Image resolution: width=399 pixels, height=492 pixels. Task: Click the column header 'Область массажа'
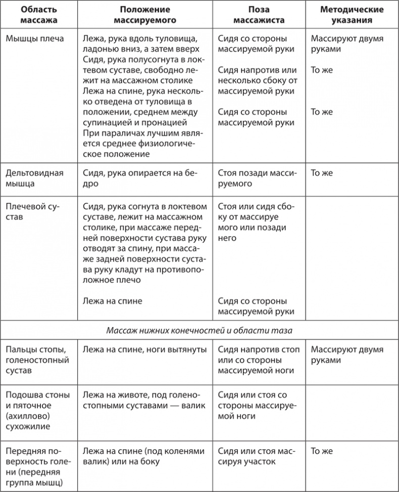[36, 15]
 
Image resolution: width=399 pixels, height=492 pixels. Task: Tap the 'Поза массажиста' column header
[260, 15]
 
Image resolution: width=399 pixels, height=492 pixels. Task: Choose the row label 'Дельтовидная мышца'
[34, 178]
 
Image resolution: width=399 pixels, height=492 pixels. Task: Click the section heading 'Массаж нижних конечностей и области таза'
[199, 330]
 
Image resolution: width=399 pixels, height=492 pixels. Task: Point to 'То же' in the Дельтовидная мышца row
[322, 173]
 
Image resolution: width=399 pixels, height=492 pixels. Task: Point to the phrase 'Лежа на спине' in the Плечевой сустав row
[112, 301]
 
